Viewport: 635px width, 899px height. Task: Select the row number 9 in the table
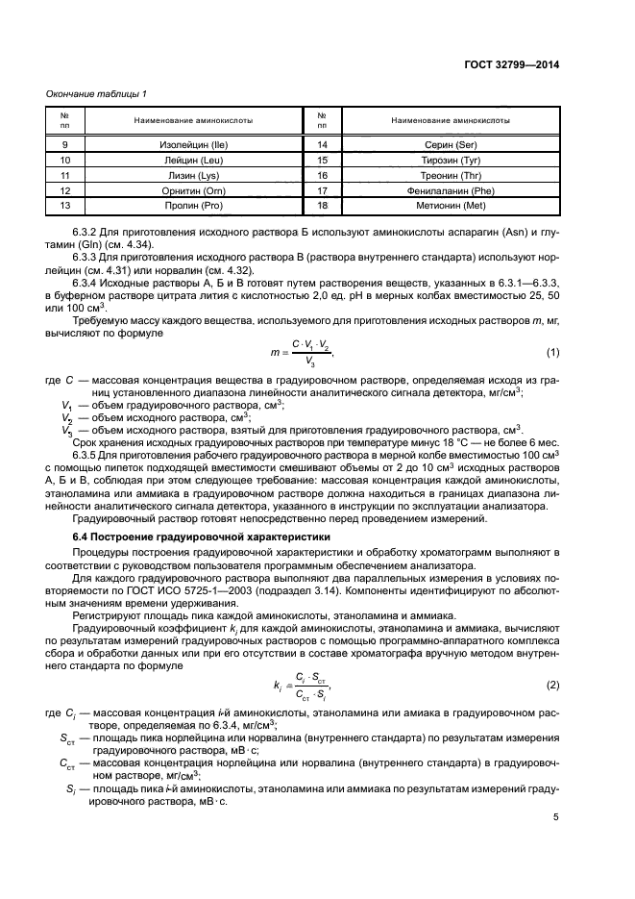(66, 143)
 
